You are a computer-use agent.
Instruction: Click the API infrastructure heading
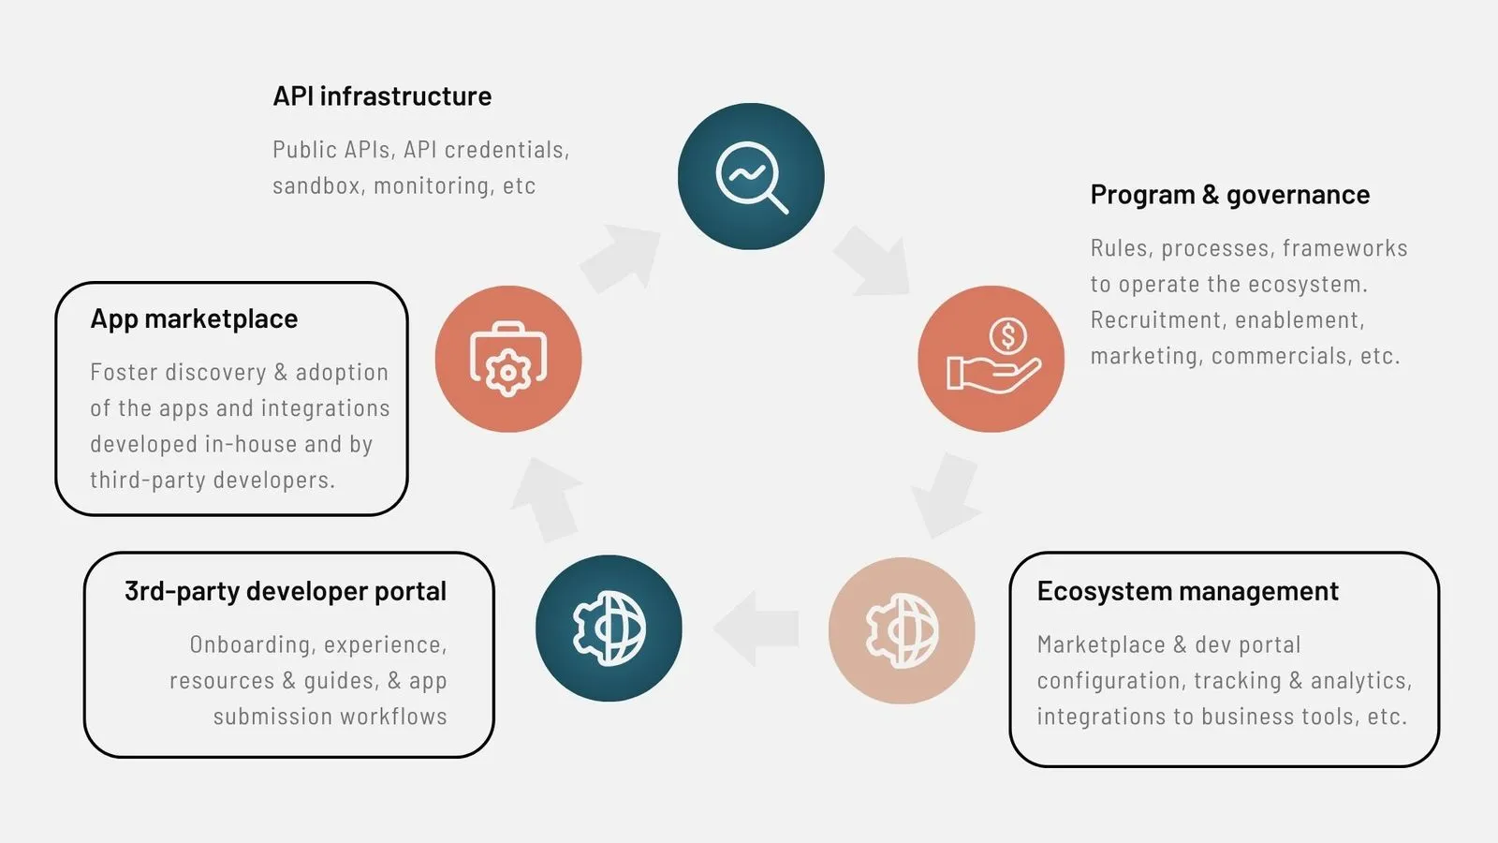pos(382,96)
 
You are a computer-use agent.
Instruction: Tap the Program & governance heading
pos(1230,196)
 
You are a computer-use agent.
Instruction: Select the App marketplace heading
pos(194,319)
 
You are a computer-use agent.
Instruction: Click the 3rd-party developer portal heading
pos(286,591)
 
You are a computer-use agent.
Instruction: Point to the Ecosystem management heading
pos(1188,591)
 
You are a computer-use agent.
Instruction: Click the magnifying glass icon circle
pos(751,177)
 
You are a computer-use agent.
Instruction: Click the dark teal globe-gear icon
pos(609,629)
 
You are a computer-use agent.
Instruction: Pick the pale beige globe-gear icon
pos(902,630)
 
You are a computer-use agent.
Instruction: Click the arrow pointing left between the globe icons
pos(756,629)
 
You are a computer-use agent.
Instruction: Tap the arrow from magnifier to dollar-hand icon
pos(873,261)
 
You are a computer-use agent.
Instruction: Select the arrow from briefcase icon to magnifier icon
pos(619,258)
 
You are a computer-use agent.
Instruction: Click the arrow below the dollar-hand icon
pos(946,495)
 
